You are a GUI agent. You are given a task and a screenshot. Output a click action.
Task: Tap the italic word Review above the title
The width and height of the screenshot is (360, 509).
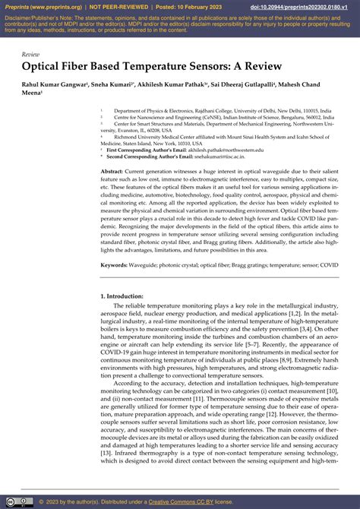30,55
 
